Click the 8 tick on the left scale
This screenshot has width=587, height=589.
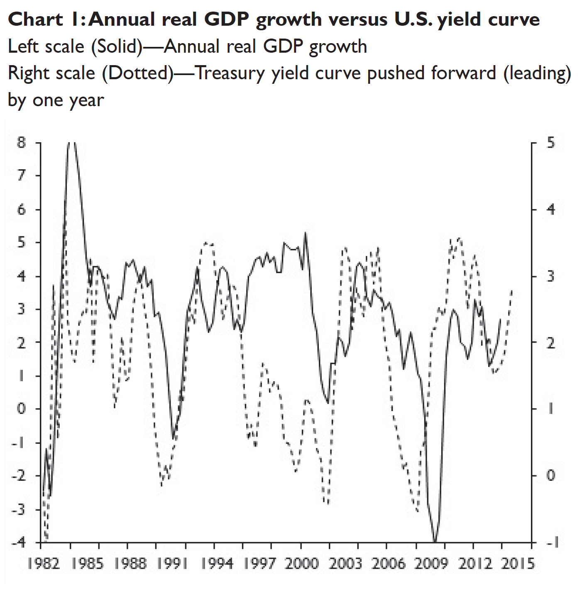(22, 143)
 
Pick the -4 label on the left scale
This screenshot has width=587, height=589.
(19, 542)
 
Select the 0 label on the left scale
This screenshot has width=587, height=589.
(22, 409)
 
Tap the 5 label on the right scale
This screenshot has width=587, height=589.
(550, 143)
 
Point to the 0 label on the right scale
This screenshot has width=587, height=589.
(550, 475)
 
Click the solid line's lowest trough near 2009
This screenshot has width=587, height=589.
(435, 541)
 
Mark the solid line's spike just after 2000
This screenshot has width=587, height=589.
(306, 233)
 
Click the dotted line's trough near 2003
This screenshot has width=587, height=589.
(328, 504)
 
